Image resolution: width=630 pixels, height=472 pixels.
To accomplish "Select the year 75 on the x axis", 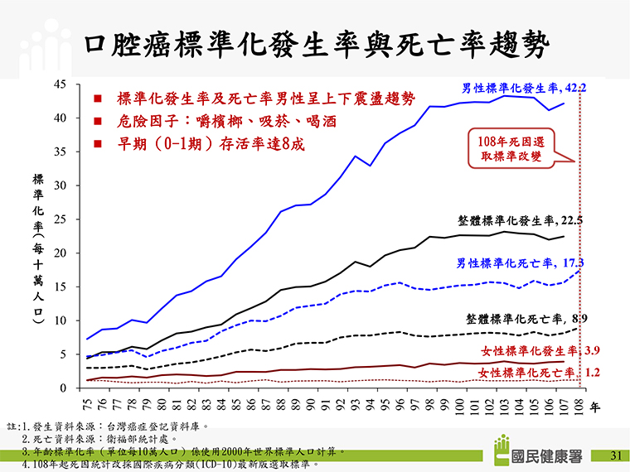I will (88, 403).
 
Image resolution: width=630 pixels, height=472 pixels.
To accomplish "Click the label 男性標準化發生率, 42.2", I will (524, 87).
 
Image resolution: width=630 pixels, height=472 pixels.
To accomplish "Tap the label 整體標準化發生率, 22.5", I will (521, 221).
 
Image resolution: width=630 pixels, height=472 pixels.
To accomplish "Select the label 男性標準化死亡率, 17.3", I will (521, 263).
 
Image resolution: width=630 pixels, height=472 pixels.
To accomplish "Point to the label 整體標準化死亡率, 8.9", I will (522, 318).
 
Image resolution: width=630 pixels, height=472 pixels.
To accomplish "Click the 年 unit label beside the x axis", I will (594, 407).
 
